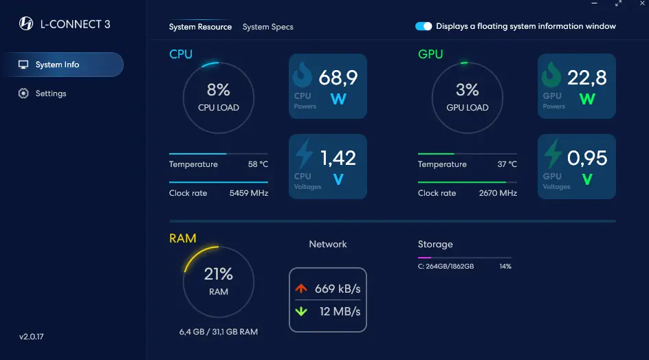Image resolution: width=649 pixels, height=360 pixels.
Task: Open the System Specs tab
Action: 268,27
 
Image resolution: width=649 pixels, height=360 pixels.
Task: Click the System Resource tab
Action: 200,27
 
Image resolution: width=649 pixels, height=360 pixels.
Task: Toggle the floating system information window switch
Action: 423,26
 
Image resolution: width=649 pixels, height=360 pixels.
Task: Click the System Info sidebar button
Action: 64,65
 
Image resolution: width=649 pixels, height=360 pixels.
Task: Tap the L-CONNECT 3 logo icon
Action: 26,23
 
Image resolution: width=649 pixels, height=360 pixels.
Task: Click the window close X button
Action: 642,3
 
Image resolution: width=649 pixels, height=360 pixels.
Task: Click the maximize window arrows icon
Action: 618,3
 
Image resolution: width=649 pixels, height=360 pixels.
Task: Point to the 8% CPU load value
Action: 219,90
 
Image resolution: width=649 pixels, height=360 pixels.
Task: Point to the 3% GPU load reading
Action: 467,90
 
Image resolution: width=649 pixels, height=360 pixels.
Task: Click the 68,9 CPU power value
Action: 338,78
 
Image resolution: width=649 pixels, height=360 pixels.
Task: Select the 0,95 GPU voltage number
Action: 587,157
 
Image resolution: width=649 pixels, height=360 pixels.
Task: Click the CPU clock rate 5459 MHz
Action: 249,193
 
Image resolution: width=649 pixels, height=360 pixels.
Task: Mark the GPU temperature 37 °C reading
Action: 507,164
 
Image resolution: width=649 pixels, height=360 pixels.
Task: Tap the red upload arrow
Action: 301,288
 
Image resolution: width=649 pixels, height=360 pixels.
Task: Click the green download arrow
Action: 301,311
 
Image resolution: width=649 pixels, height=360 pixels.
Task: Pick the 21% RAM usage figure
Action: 219,274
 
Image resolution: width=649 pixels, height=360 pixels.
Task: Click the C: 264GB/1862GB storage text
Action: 445,267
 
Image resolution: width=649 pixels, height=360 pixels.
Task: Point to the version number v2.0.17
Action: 32,337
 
